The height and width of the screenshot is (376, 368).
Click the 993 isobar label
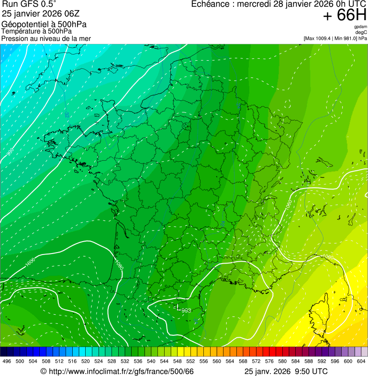pos(186,310)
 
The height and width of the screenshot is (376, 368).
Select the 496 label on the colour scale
pos(7,361)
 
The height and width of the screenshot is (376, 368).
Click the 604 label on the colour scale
pos(361,361)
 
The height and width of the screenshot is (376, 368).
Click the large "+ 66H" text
pos(345,15)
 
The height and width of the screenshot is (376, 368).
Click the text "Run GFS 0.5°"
pos(29,4)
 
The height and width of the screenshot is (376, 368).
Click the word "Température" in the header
pos(22,31)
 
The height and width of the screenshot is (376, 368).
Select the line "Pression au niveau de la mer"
pos(46,38)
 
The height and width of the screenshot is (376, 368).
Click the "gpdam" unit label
pos(361,27)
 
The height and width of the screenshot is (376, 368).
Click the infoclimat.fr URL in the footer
pos(117,372)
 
